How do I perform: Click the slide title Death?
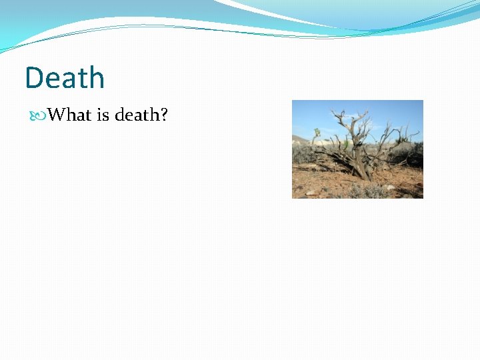click(x=65, y=78)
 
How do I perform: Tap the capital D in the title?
click(x=34, y=79)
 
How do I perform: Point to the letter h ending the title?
click(x=97, y=78)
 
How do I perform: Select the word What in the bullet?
click(x=70, y=115)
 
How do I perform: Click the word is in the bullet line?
click(x=103, y=115)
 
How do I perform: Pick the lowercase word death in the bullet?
click(x=137, y=115)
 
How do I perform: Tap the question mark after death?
click(x=163, y=115)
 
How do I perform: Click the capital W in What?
click(x=56, y=115)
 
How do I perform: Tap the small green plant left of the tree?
click(x=317, y=134)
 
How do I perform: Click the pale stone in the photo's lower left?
click(x=309, y=193)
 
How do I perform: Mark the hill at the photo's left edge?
click(x=299, y=140)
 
